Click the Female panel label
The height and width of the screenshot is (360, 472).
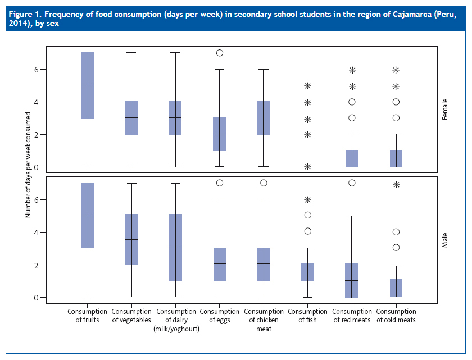(444, 106)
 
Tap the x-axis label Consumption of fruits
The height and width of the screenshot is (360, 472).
(87, 316)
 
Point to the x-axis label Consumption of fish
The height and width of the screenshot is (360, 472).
(307, 316)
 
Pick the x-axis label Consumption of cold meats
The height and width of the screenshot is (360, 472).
(396, 316)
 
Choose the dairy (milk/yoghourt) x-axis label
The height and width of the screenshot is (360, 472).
(176, 320)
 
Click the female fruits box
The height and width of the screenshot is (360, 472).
(87, 85)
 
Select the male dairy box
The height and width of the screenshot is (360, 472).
(175, 248)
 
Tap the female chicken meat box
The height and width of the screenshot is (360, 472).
(264, 118)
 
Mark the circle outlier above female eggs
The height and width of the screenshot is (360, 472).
(220, 53)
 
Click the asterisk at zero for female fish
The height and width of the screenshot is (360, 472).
(307, 167)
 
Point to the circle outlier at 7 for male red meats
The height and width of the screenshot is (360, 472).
(352, 183)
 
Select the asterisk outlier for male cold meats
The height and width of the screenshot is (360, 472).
(396, 184)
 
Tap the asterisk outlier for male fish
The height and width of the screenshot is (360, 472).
(307, 199)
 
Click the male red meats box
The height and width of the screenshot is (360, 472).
(352, 280)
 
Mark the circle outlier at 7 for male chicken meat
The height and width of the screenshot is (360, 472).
(264, 183)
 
